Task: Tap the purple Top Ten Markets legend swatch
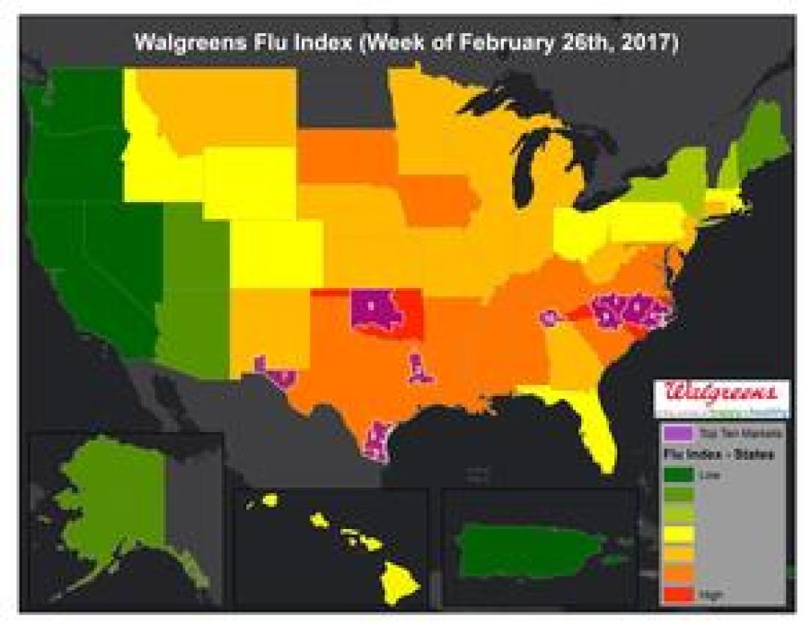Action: [x=677, y=434]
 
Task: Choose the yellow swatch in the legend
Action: [x=677, y=535]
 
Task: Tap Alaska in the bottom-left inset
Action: [x=113, y=496]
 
